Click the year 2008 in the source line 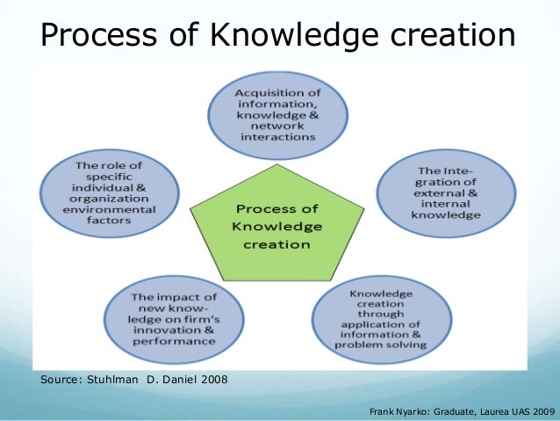[x=211, y=380]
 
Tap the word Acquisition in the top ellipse [x=269, y=93]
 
